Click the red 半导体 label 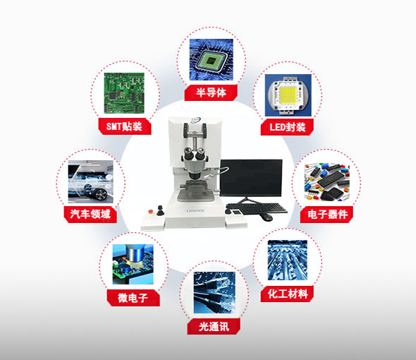[x=210, y=92]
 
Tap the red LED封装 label [x=287, y=127]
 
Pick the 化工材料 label [x=287, y=293]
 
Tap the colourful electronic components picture [x=326, y=182]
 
